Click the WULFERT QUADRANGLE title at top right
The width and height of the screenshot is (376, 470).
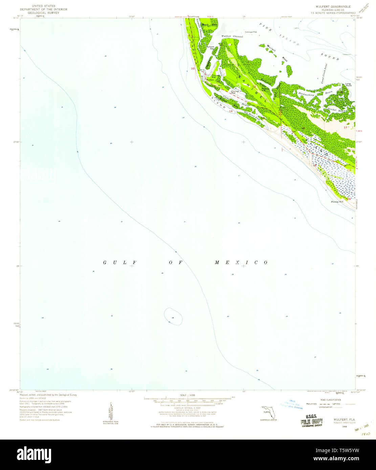333,7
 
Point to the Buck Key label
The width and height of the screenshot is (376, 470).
206,25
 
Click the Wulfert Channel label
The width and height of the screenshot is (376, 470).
232,36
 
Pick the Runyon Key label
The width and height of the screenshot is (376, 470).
210,48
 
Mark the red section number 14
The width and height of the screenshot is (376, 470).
231,111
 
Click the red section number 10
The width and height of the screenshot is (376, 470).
193,69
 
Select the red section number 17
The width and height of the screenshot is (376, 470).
346,127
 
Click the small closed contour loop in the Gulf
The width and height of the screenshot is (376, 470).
173,316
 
